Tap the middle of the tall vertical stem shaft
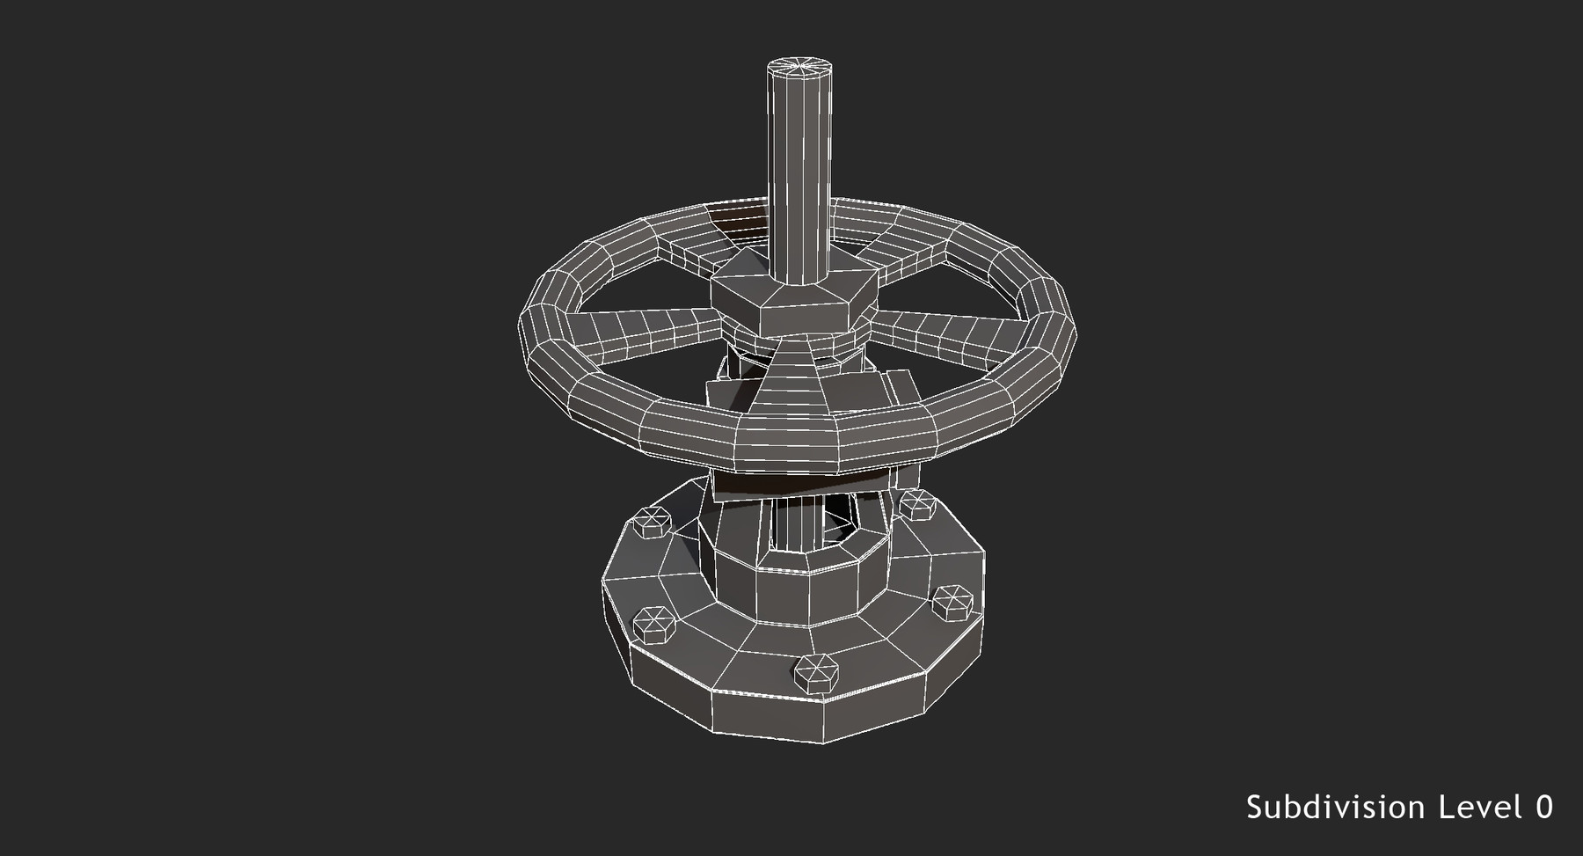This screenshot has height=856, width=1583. coord(799,176)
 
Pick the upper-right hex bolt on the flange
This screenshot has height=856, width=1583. coord(916,505)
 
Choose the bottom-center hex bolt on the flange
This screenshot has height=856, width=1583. coord(816,673)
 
